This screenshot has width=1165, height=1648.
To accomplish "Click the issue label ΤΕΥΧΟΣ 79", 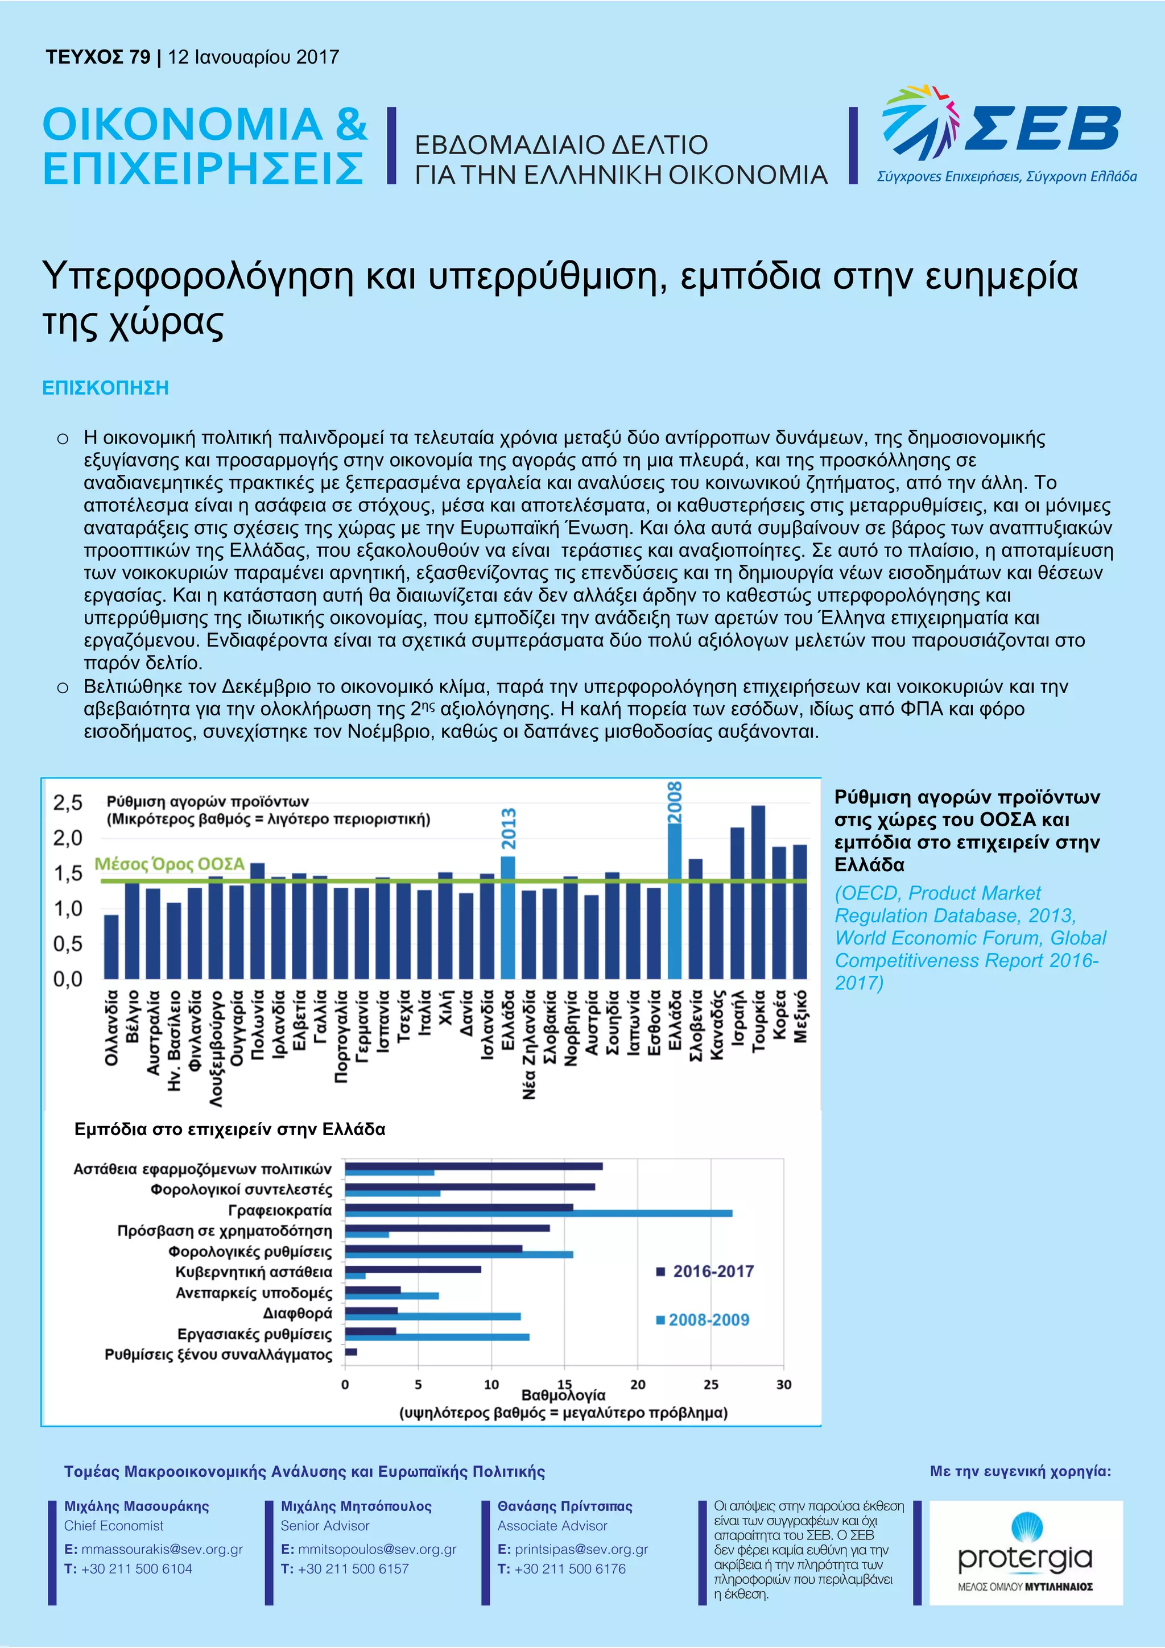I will click(98, 57).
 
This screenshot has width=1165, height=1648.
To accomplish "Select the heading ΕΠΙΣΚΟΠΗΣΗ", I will click(105, 388).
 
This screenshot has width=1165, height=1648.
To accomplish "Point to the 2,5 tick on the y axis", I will click(68, 802).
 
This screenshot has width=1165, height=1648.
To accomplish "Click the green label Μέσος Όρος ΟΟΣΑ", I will click(170, 864).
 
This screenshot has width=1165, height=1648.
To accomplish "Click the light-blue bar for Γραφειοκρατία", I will click(538, 1213).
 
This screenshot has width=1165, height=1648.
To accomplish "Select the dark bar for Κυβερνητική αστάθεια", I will click(413, 1269).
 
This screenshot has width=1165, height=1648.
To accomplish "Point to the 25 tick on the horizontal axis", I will click(710, 1384).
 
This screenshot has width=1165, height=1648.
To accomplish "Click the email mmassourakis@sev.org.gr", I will click(162, 1549).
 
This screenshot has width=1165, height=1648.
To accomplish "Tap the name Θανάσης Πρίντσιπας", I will click(565, 1506).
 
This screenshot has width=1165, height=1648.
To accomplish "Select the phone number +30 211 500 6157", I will click(353, 1568).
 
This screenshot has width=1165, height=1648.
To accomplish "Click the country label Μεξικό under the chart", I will click(801, 1016).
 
